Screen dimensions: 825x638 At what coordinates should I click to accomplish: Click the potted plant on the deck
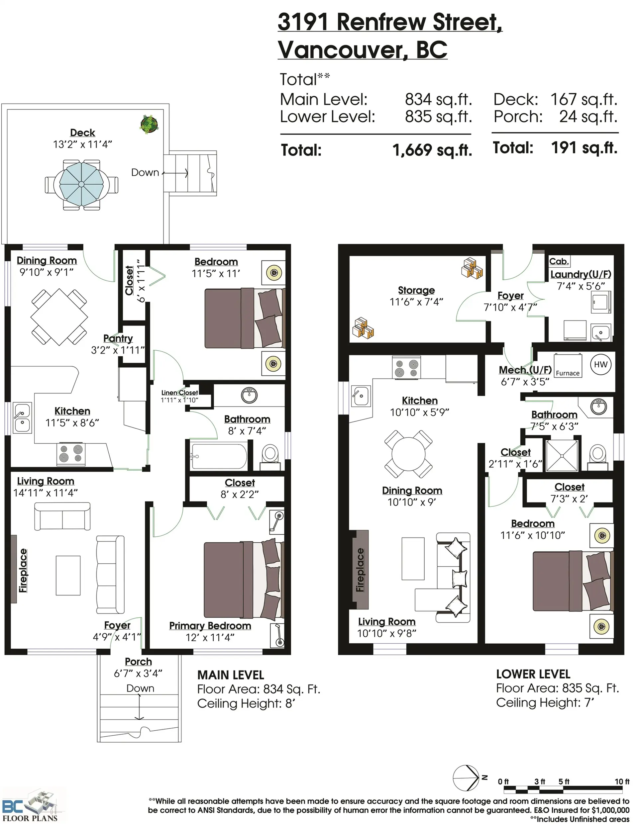(149, 124)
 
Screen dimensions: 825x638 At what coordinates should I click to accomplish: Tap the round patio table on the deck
(81, 184)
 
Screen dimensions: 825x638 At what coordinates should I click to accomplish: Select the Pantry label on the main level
(118, 338)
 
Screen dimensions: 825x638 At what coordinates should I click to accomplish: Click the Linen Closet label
(179, 393)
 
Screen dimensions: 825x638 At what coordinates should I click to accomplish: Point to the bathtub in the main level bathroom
(219, 456)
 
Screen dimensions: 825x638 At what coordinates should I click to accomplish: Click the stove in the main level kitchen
(71, 454)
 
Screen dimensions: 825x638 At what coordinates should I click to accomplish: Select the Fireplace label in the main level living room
(23, 570)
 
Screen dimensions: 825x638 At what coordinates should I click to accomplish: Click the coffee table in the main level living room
(68, 575)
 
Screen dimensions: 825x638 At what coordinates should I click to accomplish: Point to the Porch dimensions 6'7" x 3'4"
(138, 673)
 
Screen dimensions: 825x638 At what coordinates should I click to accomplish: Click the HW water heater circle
(600, 365)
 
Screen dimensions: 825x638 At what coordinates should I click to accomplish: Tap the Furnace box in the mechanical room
(567, 365)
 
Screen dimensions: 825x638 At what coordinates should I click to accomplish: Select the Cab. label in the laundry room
(559, 261)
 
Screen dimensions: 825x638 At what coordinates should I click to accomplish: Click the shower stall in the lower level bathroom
(562, 456)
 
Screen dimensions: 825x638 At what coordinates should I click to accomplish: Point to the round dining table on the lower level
(409, 454)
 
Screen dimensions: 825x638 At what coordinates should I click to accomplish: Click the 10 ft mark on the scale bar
(622, 781)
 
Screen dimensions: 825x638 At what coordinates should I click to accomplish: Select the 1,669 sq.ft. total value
(432, 150)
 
